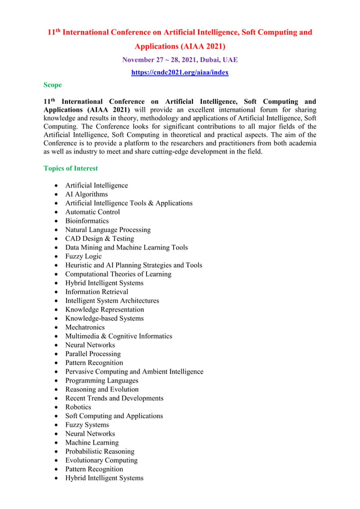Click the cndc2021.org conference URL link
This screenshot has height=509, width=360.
[x=179, y=72]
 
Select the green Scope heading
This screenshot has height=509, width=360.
[x=52, y=85]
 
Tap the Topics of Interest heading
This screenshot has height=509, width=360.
[x=71, y=168]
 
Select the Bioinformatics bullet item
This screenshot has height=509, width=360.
[x=86, y=221]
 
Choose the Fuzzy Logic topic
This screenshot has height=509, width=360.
[x=83, y=256]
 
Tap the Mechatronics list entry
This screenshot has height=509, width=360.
[x=85, y=327]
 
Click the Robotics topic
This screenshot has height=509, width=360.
[x=78, y=407]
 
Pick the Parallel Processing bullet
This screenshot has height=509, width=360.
[x=93, y=354]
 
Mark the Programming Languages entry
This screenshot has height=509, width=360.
[x=101, y=380]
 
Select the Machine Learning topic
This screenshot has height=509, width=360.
[x=91, y=442]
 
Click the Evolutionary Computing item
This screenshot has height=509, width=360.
[x=101, y=460]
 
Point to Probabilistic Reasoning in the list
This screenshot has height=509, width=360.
[x=99, y=451]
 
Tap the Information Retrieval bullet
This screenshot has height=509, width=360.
[x=96, y=292]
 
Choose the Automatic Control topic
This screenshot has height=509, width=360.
[x=92, y=212]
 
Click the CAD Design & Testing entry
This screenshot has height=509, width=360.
[x=99, y=239]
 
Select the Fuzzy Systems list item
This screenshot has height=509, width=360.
[x=87, y=425]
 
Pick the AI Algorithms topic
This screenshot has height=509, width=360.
[x=86, y=194]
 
